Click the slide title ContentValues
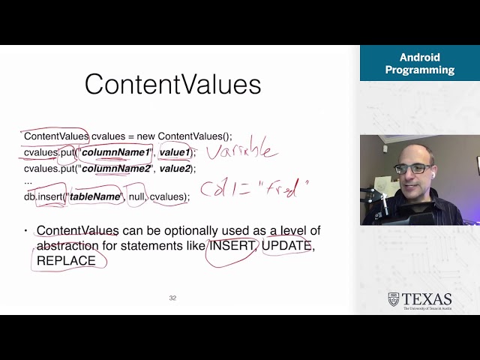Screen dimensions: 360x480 click(x=172, y=84)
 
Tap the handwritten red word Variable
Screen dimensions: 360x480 click(x=242, y=151)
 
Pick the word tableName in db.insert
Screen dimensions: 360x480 click(x=95, y=196)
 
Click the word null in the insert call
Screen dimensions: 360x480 click(x=136, y=196)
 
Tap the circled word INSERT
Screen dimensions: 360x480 click(x=232, y=246)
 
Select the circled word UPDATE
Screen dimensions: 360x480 click(x=286, y=246)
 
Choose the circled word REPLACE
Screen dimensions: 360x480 click(x=66, y=261)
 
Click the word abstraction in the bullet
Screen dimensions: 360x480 click(x=67, y=246)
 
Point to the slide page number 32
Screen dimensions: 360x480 click(x=172, y=298)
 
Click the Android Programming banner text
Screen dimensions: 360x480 click(x=419, y=64)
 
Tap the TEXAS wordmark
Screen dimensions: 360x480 click(x=427, y=299)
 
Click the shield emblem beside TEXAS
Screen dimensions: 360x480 click(x=394, y=299)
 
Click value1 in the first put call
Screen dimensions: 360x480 click(x=174, y=152)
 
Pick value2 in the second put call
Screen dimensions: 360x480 click(x=175, y=168)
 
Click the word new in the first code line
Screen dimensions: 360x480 click(x=145, y=136)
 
